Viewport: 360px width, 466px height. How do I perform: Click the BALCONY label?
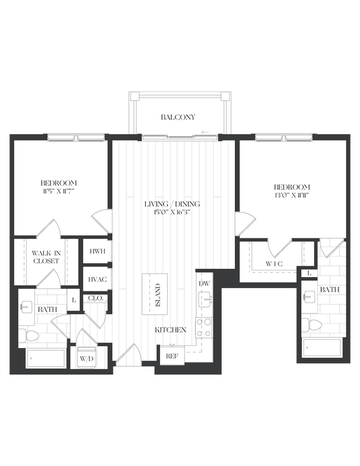pos(178,117)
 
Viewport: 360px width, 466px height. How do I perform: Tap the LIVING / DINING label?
pos(172,204)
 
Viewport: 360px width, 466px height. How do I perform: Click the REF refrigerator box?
pos(172,356)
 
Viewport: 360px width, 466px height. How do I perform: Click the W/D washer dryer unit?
pos(86,358)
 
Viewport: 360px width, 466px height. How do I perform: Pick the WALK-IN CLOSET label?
pos(46,257)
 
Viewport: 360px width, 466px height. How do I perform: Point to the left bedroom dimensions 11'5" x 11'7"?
pos(58,191)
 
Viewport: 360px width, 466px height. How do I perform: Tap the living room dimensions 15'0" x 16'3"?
pos(172,212)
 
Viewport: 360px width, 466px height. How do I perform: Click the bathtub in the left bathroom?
pos(45,359)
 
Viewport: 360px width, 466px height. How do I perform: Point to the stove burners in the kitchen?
pos(204,327)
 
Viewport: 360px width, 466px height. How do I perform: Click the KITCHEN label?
pos(170,330)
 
